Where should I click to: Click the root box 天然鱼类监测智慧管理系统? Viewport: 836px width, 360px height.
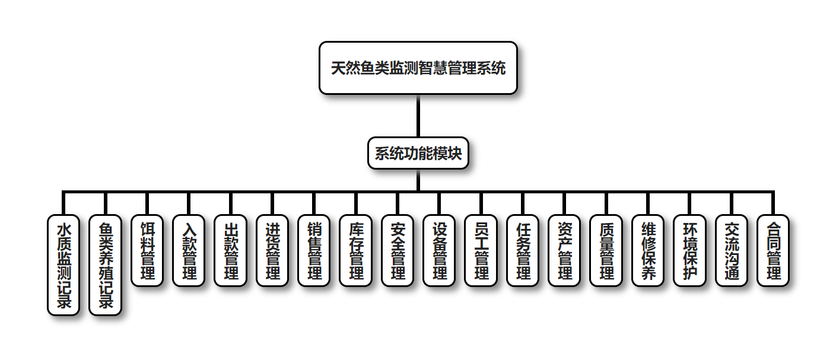[x=418, y=68]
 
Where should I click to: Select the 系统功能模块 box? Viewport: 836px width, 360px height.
[x=418, y=154]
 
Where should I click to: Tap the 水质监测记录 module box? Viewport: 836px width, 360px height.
[x=63, y=265]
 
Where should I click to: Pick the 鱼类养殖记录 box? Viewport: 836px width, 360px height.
[x=105, y=265]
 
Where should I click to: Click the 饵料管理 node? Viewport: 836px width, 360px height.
[x=147, y=250]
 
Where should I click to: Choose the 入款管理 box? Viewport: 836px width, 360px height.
[x=189, y=250]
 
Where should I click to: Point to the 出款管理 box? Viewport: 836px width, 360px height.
[x=230, y=250]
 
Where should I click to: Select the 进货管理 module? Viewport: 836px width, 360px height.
[x=272, y=250]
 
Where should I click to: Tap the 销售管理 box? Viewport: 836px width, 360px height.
[x=314, y=250]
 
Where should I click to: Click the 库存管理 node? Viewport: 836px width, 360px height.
[x=356, y=250]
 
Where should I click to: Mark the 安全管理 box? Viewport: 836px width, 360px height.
[x=398, y=250]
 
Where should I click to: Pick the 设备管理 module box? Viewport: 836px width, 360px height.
[x=440, y=250]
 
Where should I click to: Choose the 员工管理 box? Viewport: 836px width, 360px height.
[x=481, y=250]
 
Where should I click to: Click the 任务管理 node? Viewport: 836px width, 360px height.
[x=523, y=250]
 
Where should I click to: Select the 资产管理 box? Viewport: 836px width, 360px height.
[x=565, y=250]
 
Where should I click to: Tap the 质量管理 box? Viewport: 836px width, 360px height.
[x=606, y=250]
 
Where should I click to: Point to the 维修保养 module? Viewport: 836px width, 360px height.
[x=649, y=250]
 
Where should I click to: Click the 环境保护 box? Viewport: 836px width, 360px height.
[x=690, y=250]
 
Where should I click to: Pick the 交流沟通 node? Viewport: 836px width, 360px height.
[x=732, y=250]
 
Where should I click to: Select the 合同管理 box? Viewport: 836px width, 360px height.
[x=774, y=250]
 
